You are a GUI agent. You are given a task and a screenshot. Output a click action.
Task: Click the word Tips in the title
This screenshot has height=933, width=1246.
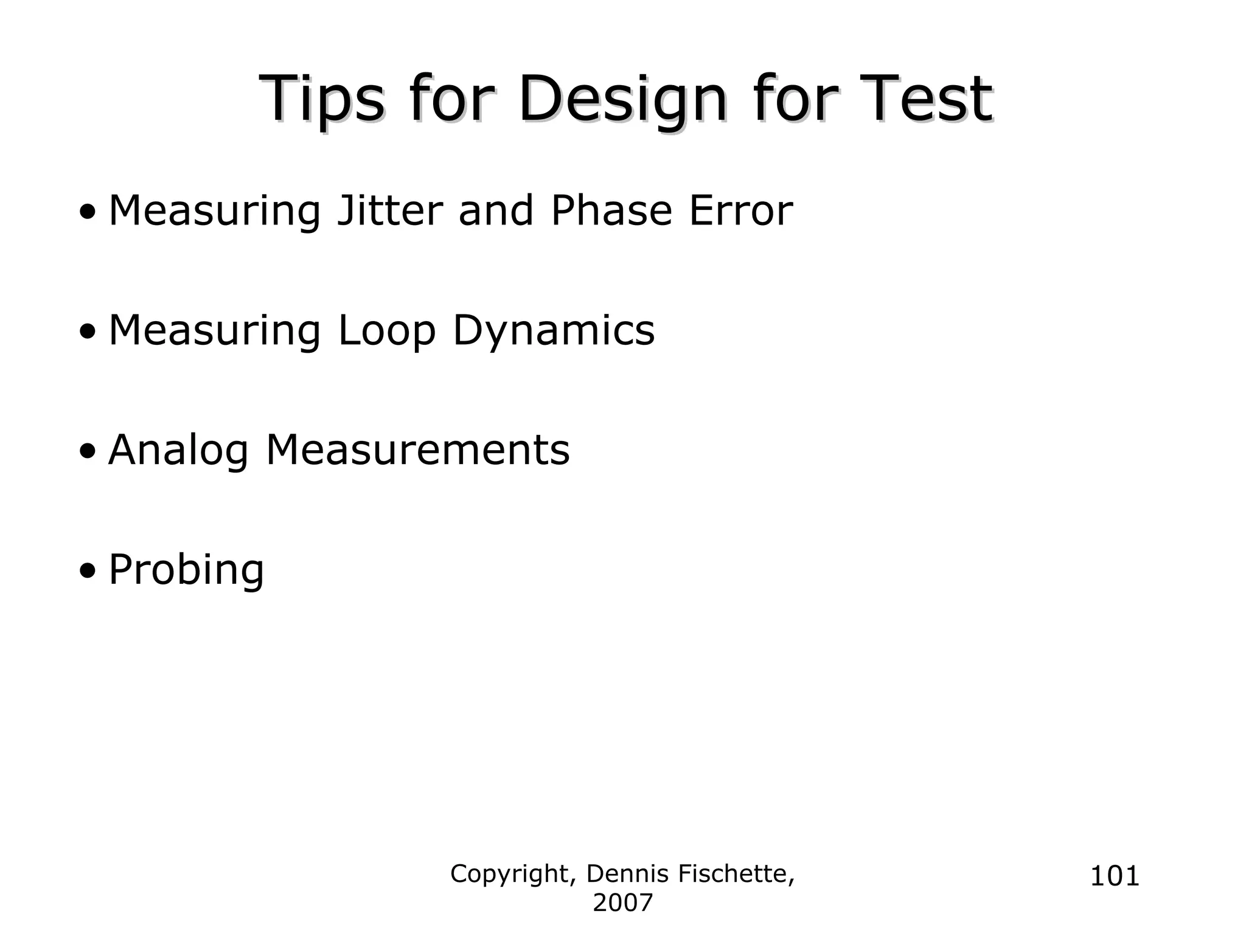tap(321, 99)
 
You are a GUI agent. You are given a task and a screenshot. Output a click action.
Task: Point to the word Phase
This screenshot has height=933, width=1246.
tap(611, 211)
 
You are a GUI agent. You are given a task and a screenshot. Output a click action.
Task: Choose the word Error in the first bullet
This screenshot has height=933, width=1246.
tap(740, 211)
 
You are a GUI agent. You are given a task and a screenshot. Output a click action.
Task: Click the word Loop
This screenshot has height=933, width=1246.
tap(387, 331)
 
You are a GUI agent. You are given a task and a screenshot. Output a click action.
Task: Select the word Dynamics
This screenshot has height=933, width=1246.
tap(554, 331)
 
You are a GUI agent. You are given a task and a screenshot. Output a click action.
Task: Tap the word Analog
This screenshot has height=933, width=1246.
tap(178, 451)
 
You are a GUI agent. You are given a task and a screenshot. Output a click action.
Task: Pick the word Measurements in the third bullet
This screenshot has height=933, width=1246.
tap(418, 451)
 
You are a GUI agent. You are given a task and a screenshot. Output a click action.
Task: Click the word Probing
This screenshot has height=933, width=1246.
tap(186, 571)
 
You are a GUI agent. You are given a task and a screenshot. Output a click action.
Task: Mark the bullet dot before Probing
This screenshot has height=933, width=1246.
tap(88, 572)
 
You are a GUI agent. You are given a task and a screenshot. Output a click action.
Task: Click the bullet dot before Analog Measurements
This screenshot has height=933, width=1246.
tap(88, 452)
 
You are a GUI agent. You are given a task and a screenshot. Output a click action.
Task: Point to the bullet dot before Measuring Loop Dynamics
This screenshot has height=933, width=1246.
tap(88, 332)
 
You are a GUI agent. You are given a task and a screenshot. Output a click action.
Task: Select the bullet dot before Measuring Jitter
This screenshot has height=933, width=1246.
tap(88, 213)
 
